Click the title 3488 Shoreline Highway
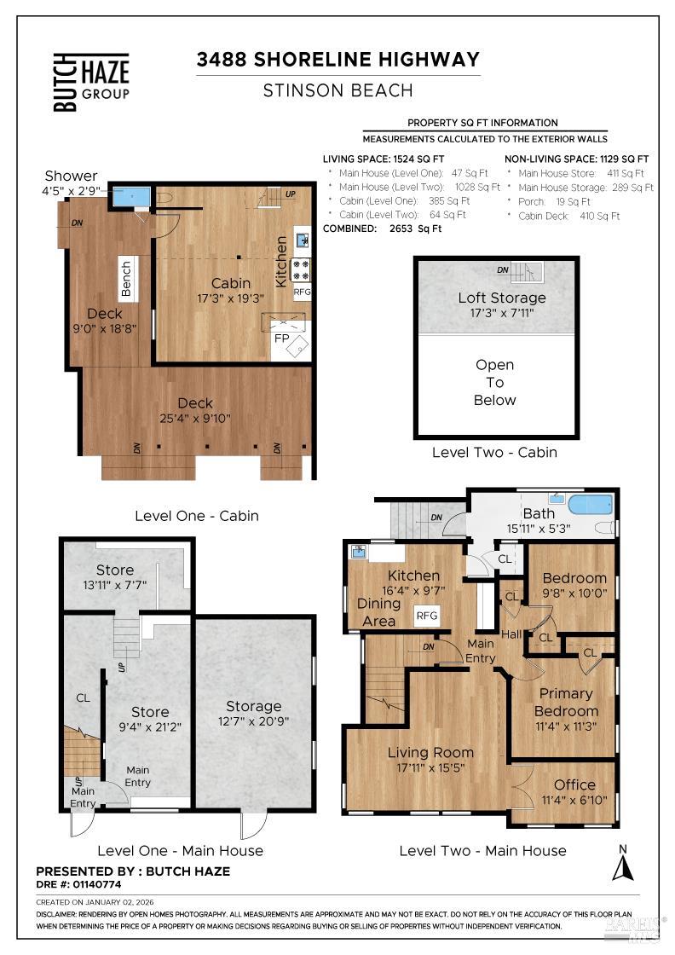coord(337,60)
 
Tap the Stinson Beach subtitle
coord(337,90)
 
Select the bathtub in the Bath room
coord(591,504)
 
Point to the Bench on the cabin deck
coord(126,278)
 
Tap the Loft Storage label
coord(501,298)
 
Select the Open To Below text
coord(494,382)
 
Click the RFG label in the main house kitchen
coord(426,615)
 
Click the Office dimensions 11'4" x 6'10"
coord(574,800)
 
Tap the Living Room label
coord(430,752)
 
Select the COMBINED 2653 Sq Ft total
coord(382,229)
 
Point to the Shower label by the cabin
coord(72,176)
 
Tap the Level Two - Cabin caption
coord(494,452)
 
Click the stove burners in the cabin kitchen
coord(301,269)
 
